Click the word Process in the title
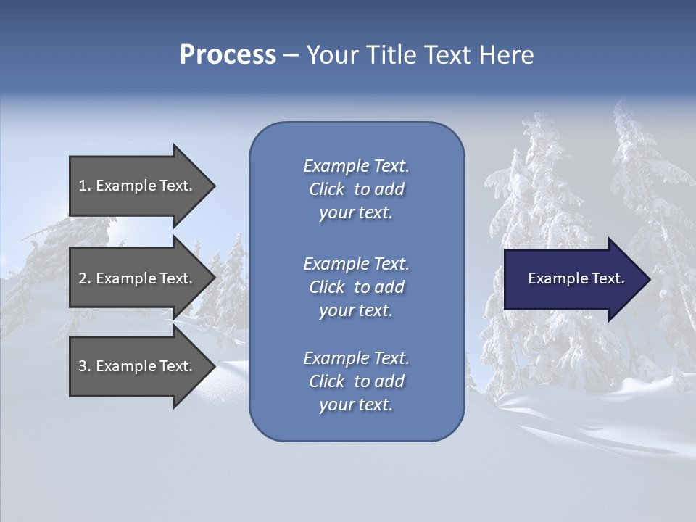coord(228,55)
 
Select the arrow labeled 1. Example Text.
coord(138,186)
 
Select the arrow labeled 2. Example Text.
coord(138,278)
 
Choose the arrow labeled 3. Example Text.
coord(138,366)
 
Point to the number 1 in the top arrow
coord(83,186)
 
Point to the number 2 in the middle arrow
coord(83,278)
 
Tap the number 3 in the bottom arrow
coord(83,366)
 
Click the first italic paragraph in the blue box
coord(356,189)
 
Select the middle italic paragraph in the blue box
coord(356,287)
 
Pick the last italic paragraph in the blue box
coord(356,381)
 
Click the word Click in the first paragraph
coord(326,189)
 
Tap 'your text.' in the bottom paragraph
coord(356,405)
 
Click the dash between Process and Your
coord(291,55)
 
